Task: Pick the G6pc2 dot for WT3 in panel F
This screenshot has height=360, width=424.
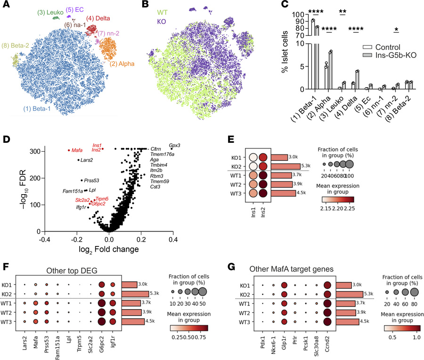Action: tap(101, 322)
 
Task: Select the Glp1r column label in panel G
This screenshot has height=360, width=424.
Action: tap(283, 342)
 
